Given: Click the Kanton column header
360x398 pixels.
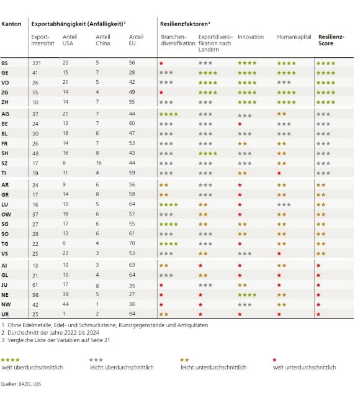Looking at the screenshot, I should pyautogui.click(x=11, y=23).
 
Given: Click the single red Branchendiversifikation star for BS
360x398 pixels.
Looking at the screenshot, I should pyautogui.click(x=161, y=63).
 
